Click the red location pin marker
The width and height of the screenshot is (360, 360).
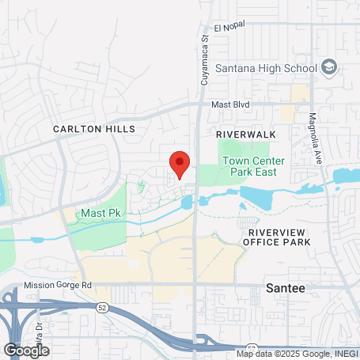point(180,163)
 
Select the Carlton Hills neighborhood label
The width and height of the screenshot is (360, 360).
point(94,128)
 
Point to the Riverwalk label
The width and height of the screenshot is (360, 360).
point(246,135)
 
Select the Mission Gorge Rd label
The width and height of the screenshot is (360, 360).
point(59,285)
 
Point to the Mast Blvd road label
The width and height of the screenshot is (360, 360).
point(230,104)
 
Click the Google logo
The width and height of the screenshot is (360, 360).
point(25,350)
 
